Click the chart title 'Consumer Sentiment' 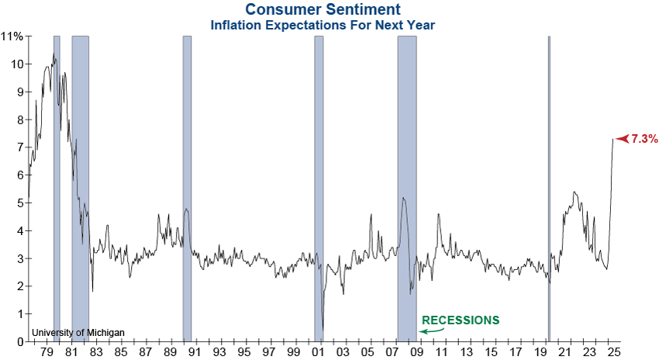click(323, 10)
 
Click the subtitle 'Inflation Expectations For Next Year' click(323, 25)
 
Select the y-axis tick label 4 click(19, 230)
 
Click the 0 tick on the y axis click(19, 341)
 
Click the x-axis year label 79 click(46, 353)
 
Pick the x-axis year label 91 click(195, 353)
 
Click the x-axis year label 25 click(616, 353)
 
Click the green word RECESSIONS click(461, 320)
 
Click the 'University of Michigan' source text click(78, 333)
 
